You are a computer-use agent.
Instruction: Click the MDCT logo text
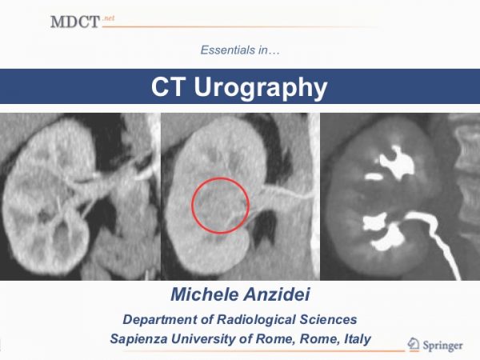[x=75, y=22]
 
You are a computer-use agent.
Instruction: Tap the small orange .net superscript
[x=108, y=18]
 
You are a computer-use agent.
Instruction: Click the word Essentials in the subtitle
[x=228, y=50]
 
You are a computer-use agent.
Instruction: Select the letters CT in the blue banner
[x=168, y=86]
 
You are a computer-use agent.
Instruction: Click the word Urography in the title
[x=261, y=89]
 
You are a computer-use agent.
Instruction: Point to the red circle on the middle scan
[x=221, y=178]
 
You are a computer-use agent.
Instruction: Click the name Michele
[x=204, y=294]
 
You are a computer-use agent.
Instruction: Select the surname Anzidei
[x=277, y=294]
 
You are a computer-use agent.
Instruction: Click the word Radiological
[x=256, y=319]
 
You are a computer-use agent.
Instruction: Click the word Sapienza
[x=138, y=339]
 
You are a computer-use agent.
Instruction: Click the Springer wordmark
[x=442, y=346]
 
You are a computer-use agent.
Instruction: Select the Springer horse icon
[x=414, y=344]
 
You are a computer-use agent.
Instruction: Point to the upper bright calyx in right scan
[x=396, y=162]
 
